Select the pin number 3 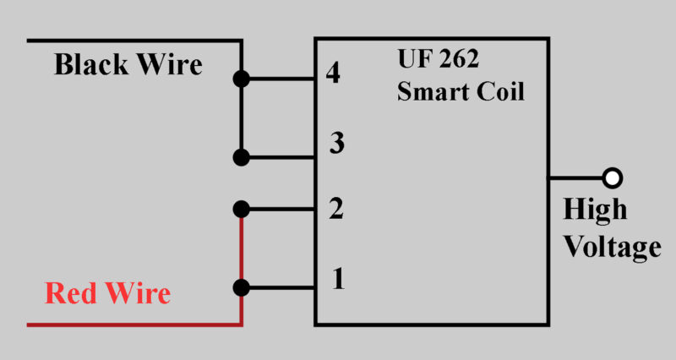click(x=336, y=145)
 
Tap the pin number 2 click(x=335, y=209)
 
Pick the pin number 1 click(x=338, y=278)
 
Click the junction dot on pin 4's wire click(x=242, y=80)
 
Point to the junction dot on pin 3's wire click(x=242, y=157)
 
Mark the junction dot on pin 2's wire click(x=242, y=209)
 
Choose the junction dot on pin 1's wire click(x=242, y=287)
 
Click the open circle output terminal click(x=613, y=178)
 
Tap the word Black click(x=90, y=64)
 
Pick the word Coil click(x=499, y=90)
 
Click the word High click(x=595, y=210)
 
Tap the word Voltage click(x=612, y=247)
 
